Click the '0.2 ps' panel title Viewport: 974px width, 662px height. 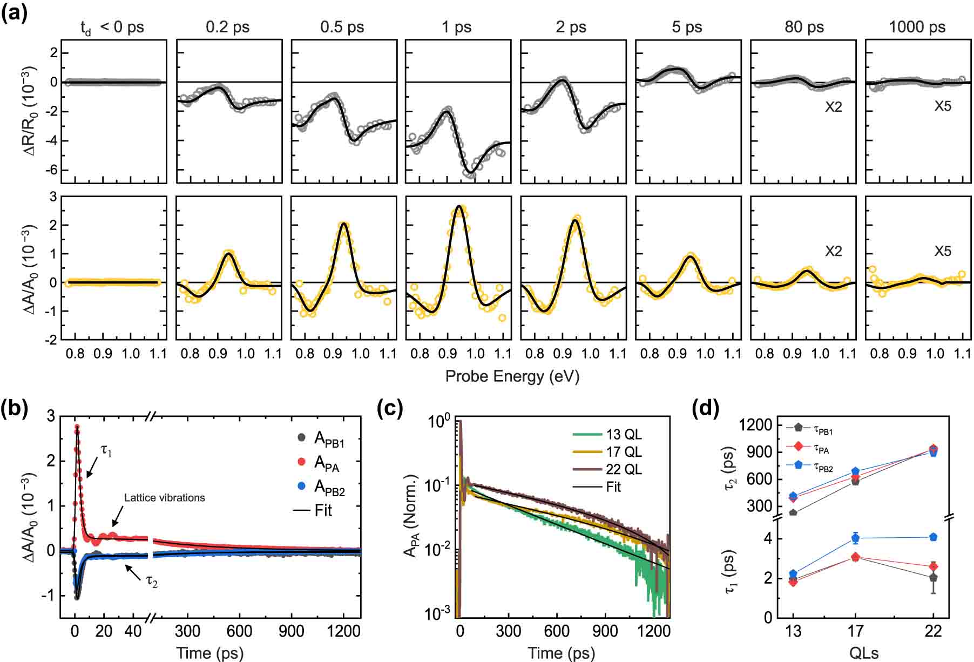tap(227, 26)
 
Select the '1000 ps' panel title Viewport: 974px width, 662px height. tap(917, 26)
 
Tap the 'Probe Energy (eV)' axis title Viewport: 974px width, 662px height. tap(512, 376)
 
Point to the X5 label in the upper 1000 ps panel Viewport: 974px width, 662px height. tap(943, 106)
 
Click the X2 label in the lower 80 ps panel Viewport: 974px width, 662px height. tap(833, 251)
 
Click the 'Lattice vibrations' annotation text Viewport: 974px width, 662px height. tap(165, 497)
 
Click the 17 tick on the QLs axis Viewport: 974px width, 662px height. tap(855, 631)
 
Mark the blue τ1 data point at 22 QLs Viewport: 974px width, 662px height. tap(933, 537)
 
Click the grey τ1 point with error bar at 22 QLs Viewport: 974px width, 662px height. tap(933, 578)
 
